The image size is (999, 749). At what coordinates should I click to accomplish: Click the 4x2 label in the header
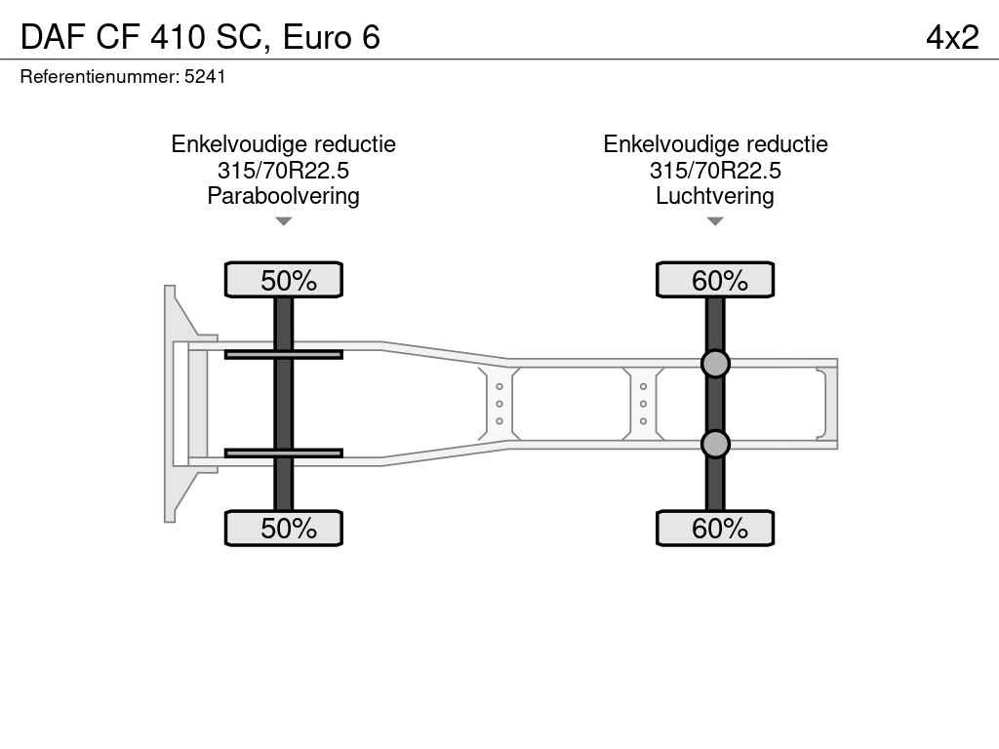click(952, 37)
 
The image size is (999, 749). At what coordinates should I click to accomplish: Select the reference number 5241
click(205, 77)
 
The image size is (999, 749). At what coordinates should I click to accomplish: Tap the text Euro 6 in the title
click(332, 37)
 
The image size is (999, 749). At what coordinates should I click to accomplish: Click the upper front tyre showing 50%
click(284, 280)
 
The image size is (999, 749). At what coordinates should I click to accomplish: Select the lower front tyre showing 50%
click(284, 528)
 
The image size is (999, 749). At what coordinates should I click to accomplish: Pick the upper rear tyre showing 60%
click(715, 280)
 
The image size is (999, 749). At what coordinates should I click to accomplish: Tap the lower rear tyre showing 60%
click(715, 528)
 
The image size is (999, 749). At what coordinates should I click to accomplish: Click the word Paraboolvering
click(284, 196)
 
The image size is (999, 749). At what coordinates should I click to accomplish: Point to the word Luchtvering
click(715, 196)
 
